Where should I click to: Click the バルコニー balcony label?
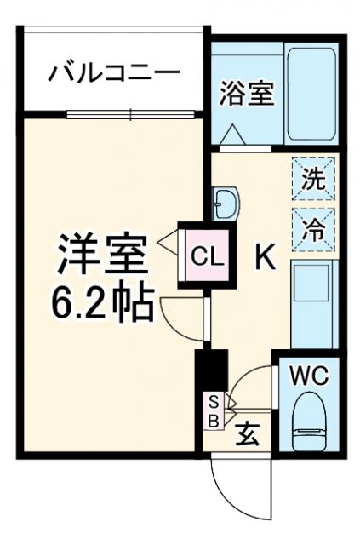point(112,72)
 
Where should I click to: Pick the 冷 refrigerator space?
point(314,228)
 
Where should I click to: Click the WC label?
point(309,374)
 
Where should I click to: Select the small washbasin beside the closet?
point(227,203)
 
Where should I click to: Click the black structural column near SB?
point(210,369)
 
